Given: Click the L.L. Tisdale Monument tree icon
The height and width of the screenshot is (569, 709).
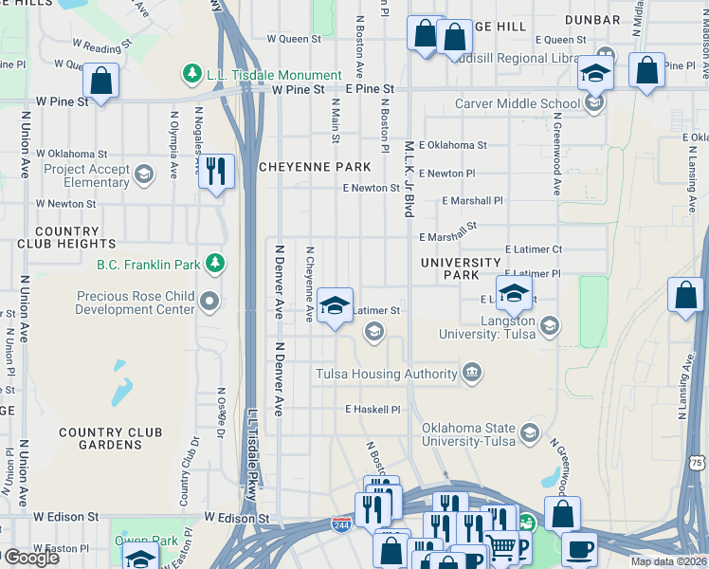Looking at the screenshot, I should [x=191, y=74].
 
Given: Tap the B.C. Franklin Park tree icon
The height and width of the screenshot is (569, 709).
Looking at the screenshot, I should [x=216, y=263].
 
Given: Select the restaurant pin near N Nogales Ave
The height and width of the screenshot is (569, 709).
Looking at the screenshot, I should [x=217, y=172].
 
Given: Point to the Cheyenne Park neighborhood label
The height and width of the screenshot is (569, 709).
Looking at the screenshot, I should [x=316, y=167].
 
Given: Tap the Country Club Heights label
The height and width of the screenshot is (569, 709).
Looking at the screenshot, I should [x=66, y=237].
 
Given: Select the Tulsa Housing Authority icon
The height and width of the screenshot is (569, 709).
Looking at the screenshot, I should [x=472, y=374].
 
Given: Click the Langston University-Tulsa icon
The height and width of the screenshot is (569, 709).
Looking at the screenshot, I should [x=550, y=327].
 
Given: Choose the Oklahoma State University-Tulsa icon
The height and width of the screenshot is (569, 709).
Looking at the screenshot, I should [x=530, y=434].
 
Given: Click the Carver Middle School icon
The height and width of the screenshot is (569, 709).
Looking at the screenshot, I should [x=593, y=103].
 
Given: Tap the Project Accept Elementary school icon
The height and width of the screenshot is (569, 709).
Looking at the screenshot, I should [x=143, y=174].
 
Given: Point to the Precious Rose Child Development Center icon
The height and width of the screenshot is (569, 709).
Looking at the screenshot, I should [x=210, y=303].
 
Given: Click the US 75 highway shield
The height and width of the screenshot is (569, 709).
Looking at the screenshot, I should [x=697, y=462].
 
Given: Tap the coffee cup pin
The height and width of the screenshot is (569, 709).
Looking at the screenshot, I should [x=578, y=549].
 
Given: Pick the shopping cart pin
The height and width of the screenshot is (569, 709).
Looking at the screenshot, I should [x=500, y=546].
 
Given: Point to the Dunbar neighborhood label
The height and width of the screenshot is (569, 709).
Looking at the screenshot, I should [x=591, y=19].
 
